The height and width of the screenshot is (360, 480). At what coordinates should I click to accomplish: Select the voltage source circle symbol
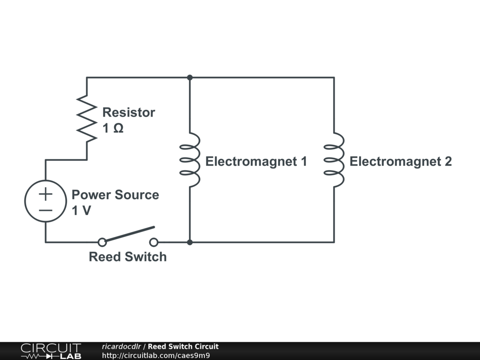(45, 201)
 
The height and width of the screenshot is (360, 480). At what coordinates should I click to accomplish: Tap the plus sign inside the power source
(45, 193)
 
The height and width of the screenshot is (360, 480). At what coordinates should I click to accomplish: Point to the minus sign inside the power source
(45, 210)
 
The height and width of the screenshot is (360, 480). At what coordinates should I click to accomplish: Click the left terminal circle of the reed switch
(102, 242)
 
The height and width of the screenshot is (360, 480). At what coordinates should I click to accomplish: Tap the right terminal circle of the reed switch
(153, 242)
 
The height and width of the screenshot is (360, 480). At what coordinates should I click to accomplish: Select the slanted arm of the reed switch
(129, 234)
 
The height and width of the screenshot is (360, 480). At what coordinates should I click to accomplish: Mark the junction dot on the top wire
(190, 77)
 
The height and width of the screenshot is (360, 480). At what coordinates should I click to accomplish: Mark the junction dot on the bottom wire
(190, 242)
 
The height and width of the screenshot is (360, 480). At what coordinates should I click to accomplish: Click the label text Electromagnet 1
(256, 162)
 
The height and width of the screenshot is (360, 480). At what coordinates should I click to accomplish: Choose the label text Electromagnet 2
(400, 162)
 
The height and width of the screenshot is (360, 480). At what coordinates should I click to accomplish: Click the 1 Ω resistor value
(113, 128)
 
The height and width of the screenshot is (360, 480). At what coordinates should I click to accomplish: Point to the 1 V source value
(81, 210)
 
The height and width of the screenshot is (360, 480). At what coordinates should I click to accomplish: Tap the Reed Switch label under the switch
(127, 257)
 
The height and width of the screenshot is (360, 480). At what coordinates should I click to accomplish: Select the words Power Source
(115, 195)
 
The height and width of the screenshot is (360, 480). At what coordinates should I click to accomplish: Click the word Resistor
(128, 112)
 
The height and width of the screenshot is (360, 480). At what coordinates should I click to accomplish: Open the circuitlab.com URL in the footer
(156, 355)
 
